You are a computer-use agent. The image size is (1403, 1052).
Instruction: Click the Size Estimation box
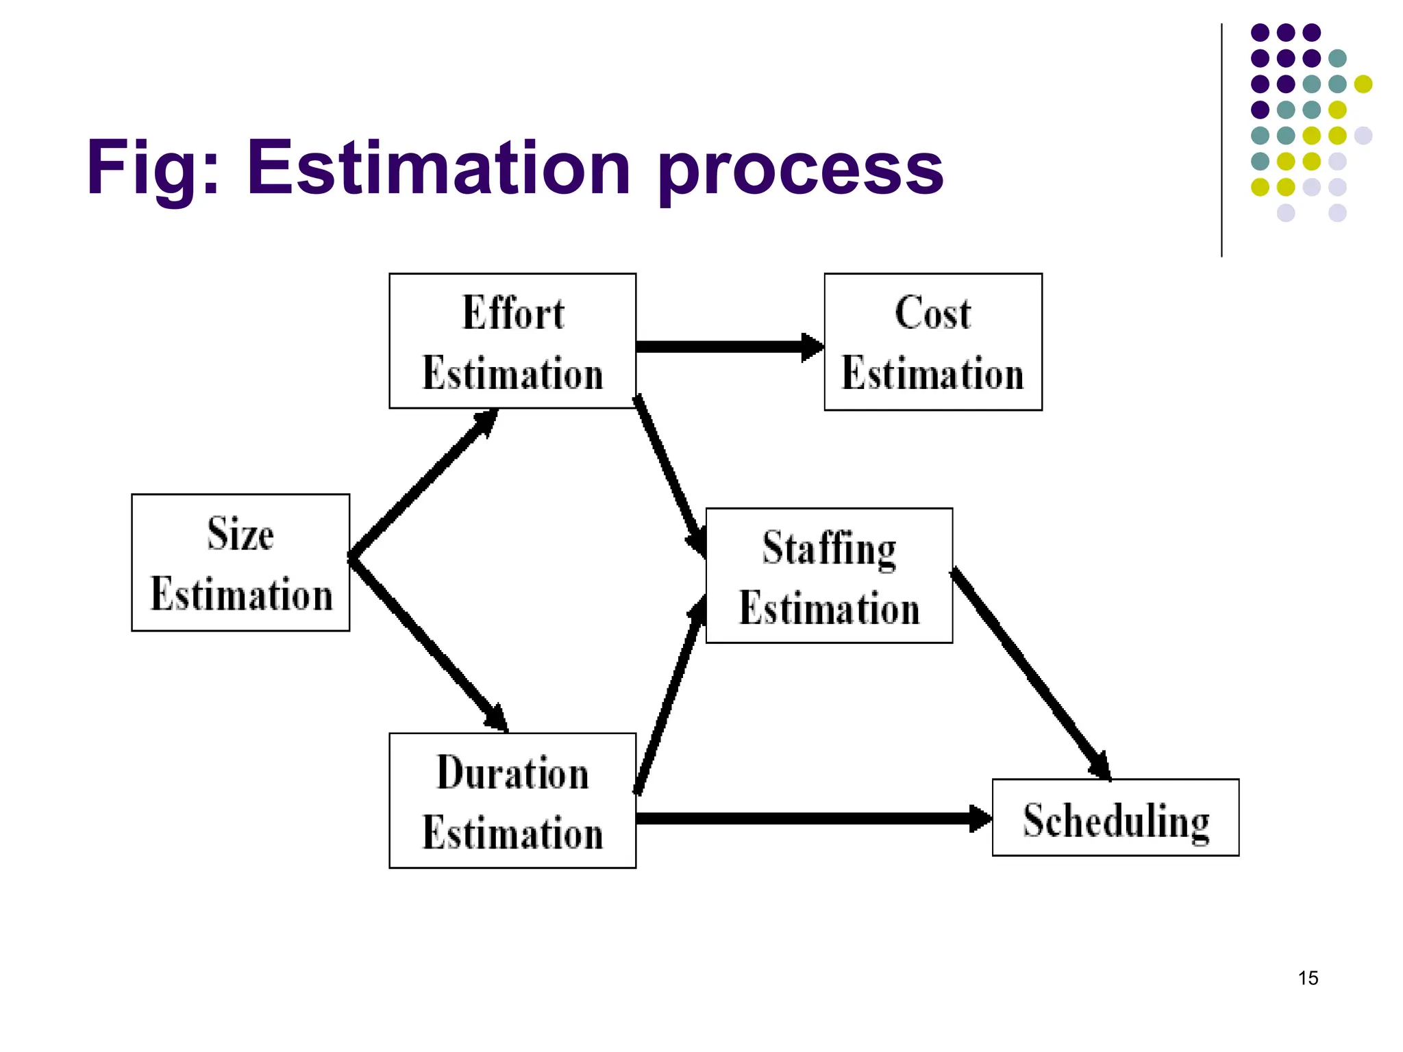(240, 562)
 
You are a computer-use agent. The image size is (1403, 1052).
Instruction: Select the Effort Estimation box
(512, 341)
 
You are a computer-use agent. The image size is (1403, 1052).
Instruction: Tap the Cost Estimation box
(933, 342)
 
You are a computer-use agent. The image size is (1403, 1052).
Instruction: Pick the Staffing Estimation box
(829, 575)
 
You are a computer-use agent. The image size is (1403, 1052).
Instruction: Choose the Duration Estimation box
(512, 801)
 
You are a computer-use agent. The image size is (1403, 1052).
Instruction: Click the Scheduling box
(1115, 818)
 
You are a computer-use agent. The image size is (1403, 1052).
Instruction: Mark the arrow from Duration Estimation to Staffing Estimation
(669, 695)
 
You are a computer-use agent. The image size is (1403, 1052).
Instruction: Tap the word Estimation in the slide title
(438, 168)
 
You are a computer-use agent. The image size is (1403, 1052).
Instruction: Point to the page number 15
(1308, 978)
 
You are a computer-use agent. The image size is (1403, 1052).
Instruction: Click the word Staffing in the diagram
(829, 549)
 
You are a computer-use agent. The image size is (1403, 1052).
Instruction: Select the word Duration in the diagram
(512, 773)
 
